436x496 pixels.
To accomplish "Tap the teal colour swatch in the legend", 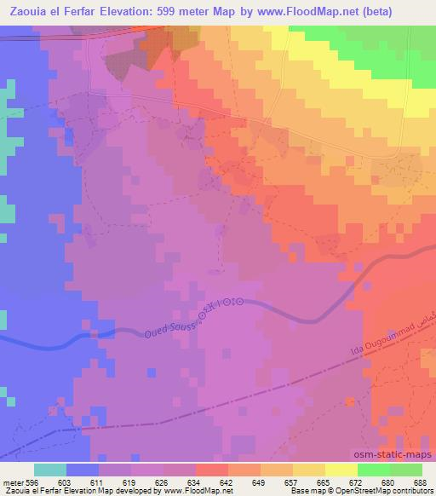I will [50, 469].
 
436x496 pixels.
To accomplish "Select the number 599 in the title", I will [186, 13].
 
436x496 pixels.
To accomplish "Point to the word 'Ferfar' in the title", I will [94, 13].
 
